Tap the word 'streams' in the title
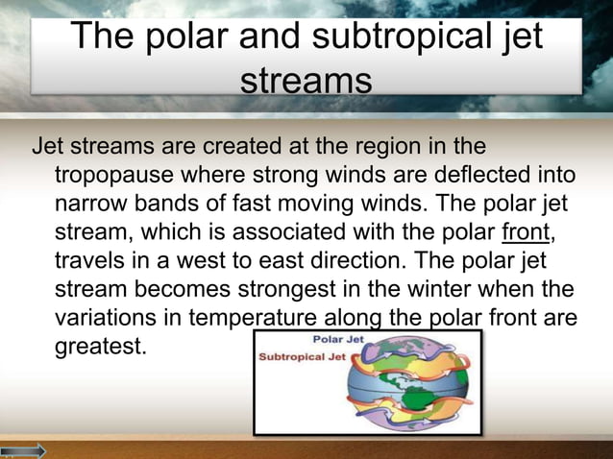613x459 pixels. pos(306,82)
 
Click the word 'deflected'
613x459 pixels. pos(461,178)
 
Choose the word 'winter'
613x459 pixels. pos(444,290)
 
